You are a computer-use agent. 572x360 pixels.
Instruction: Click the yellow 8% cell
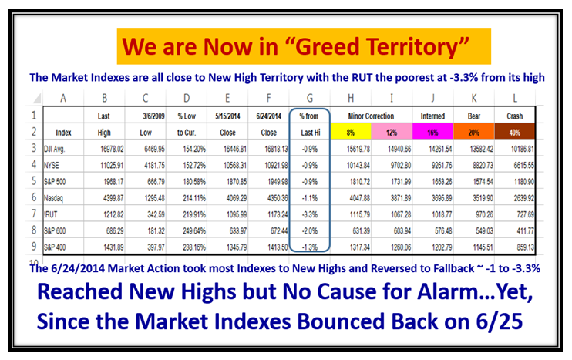point(351,132)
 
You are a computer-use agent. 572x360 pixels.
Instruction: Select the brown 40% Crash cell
point(515,132)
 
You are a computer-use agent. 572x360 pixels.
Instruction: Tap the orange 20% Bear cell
point(474,132)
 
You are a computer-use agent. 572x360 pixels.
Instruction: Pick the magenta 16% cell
point(432,132)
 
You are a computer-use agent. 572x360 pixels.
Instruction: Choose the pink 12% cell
point(392,132)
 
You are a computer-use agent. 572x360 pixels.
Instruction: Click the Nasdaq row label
point(53,198)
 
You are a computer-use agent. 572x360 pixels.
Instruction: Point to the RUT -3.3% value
point(310,214)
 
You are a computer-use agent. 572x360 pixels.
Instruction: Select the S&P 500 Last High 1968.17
point(113,182)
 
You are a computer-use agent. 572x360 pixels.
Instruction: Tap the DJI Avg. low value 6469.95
point(154,149)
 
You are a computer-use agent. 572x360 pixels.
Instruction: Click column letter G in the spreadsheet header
point(310,98)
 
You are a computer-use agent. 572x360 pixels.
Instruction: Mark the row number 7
point(34,214)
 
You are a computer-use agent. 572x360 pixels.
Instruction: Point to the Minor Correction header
point(371,116)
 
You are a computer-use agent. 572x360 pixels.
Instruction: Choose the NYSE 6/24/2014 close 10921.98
point(277,165)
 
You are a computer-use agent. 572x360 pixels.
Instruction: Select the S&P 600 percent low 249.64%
point(194,231)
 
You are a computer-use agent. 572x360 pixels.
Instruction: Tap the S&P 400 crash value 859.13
point(525,247)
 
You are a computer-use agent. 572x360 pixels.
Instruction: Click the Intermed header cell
point(432,116)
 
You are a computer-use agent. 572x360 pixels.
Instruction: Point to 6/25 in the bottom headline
point(499,321)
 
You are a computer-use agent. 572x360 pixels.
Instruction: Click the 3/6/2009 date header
point(153,116)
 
